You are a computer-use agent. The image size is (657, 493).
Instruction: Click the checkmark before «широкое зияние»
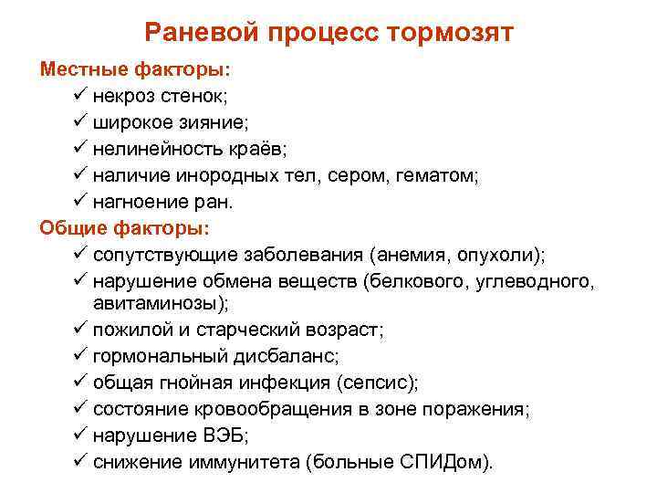coord(77,121)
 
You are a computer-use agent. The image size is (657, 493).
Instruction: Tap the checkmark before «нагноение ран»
coord(77,200)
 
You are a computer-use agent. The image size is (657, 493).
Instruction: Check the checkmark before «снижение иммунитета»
coord(77,459)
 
